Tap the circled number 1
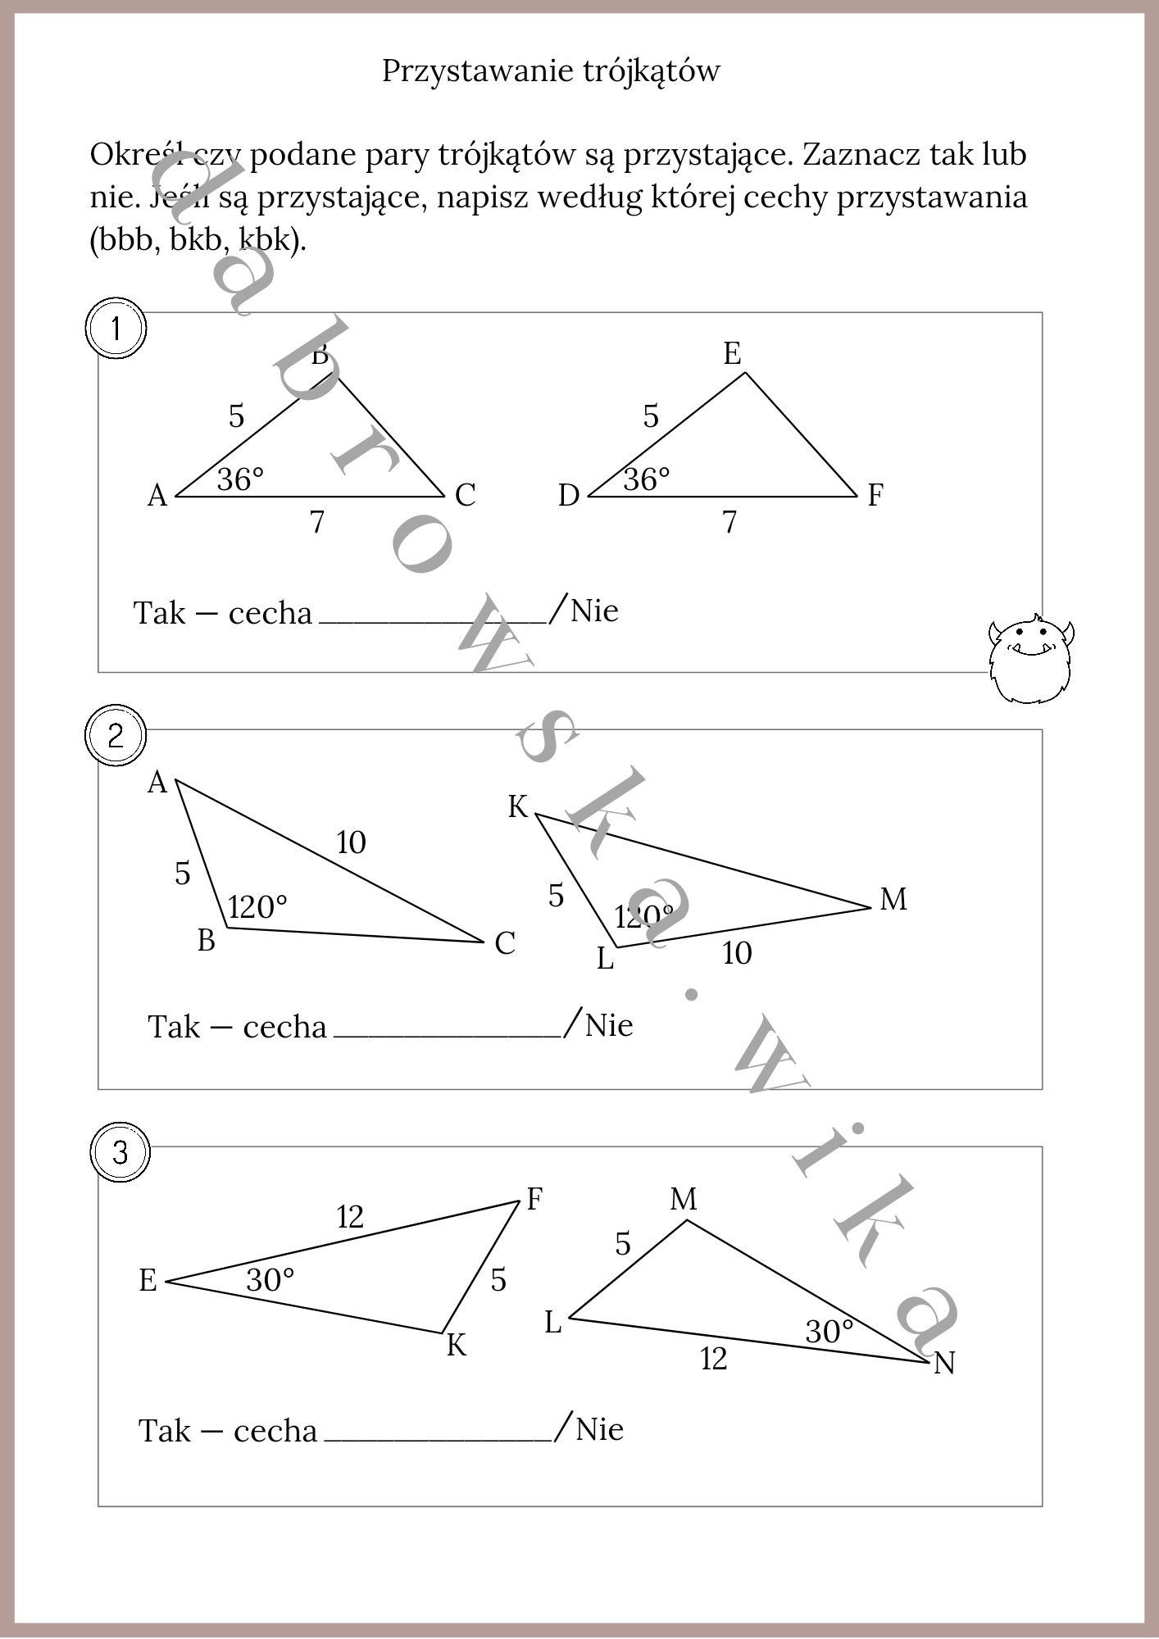[x=116, y=329]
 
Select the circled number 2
[x=116, y=736]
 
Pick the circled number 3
[x=120, y=1153]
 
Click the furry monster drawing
[x=1031, y=661]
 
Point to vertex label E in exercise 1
[x=732, y=354]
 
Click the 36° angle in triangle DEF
[x=647, y=479]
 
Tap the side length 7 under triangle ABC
[x=317, y=522]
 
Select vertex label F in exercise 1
[x=875, y=495]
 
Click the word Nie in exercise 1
[x=594, y=611]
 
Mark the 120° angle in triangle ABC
[x=257, y=907]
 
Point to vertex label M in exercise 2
[x=893, y=900]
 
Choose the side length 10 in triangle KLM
[x=737, y=953]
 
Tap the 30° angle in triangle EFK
[x=270, y=1280]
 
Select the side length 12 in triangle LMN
[x=713, y=1359]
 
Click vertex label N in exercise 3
[x=944, y=1363]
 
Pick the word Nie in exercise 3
[x=599, y=1429]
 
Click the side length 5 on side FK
[x=498, y=1280]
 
